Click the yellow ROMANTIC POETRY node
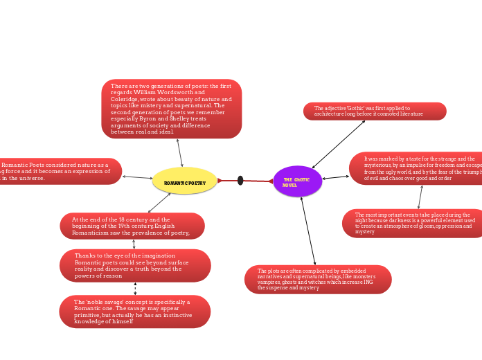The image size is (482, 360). point(185,181)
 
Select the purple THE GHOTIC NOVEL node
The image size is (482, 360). point(297,181)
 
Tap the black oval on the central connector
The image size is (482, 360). point(240,181)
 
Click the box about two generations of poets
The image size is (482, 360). point(171,109)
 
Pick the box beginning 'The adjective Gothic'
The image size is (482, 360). point(374,111)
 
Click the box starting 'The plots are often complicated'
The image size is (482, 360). point(318,279)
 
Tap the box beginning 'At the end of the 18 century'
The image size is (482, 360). point(132,226)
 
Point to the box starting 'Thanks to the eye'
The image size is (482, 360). point(134,265)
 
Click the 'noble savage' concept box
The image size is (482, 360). point(134,312)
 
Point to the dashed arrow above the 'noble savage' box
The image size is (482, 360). point(135,289)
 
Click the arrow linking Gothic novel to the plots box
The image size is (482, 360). point(308,231)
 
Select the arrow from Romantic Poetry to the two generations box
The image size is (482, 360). point(180,152)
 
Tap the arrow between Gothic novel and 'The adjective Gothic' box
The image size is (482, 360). point(339,144)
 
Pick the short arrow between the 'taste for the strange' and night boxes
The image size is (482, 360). point(420,197)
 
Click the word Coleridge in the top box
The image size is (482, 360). point(125,99)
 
